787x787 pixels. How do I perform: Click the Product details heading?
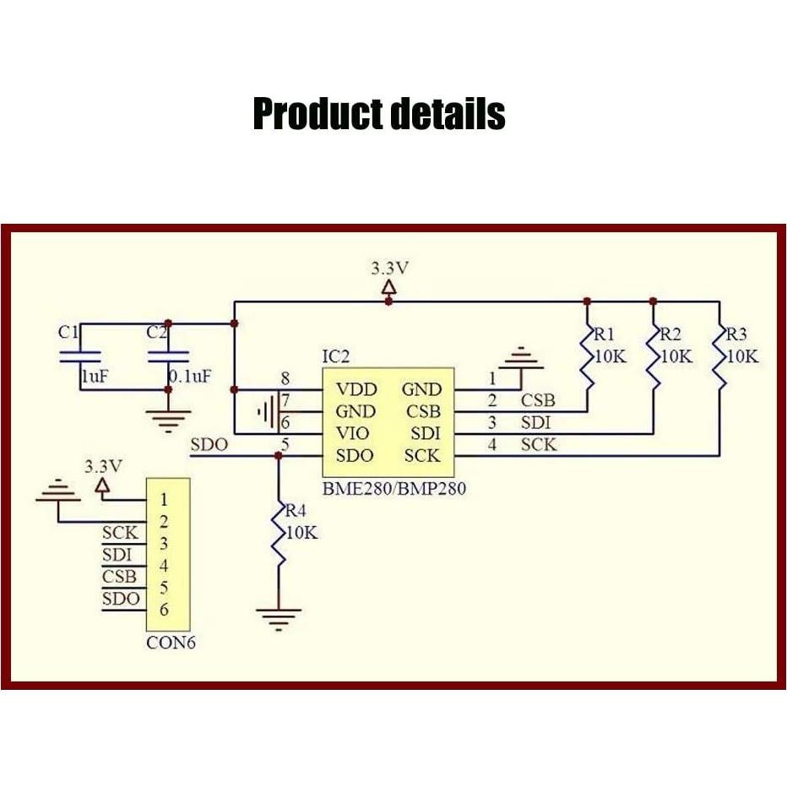click(379, 114)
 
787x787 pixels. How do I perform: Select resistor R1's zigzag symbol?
click(585, 359)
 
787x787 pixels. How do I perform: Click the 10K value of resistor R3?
click(742, 356)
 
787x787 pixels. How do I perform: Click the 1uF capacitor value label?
click(95, 376)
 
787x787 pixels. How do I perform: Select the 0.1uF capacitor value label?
click(190, 376)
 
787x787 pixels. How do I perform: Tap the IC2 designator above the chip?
click(335, 356)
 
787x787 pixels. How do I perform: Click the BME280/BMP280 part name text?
click(394, 488)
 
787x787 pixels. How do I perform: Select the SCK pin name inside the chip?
click(422, 456)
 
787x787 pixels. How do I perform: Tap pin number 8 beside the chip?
click(285, 378)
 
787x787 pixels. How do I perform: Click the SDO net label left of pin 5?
click(210, 445)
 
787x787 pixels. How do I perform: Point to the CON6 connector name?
click(171, 643)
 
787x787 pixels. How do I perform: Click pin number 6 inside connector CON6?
click(164, 610)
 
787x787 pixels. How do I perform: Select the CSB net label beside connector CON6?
click(119, 578)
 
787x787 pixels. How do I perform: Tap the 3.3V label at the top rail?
click(389, 269)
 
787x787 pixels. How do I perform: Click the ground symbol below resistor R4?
click(278, 620)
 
